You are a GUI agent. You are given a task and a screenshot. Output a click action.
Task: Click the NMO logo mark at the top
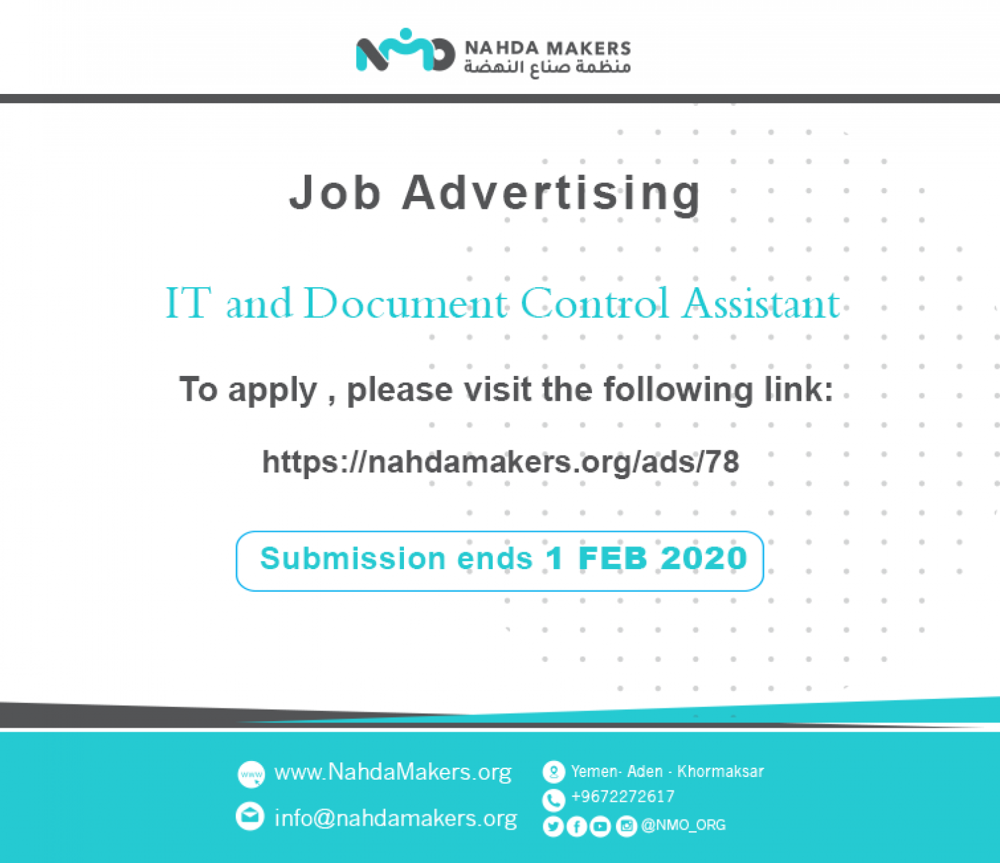click(405, 50)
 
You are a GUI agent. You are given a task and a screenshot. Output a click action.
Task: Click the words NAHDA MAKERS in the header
click(547, 49)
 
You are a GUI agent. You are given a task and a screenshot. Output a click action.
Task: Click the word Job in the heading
click(335, 193)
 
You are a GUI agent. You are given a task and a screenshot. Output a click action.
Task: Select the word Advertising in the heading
click(551, 195)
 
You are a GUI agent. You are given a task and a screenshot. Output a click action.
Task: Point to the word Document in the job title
click(405, 303)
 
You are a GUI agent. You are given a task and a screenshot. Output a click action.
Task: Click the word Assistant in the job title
click(761, 303)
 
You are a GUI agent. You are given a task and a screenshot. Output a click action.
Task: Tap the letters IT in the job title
click(188, 303)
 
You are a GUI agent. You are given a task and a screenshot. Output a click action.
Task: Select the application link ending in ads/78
click(501, 462)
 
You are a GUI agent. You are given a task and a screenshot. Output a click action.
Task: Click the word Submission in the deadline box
click(353, 558)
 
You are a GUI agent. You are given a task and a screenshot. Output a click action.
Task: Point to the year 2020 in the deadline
click(705, 558)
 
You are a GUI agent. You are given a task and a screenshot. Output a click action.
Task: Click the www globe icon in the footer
click(251, 774)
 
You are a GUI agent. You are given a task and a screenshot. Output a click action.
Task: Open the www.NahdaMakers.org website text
click(393, 772)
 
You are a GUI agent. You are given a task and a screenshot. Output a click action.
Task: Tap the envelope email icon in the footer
click(249, 816)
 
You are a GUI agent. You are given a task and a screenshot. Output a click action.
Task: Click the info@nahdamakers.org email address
click(396, 818)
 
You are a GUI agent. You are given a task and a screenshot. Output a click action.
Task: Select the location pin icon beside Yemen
click(553, 772)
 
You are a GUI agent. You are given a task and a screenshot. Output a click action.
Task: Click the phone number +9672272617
click(623, 797)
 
